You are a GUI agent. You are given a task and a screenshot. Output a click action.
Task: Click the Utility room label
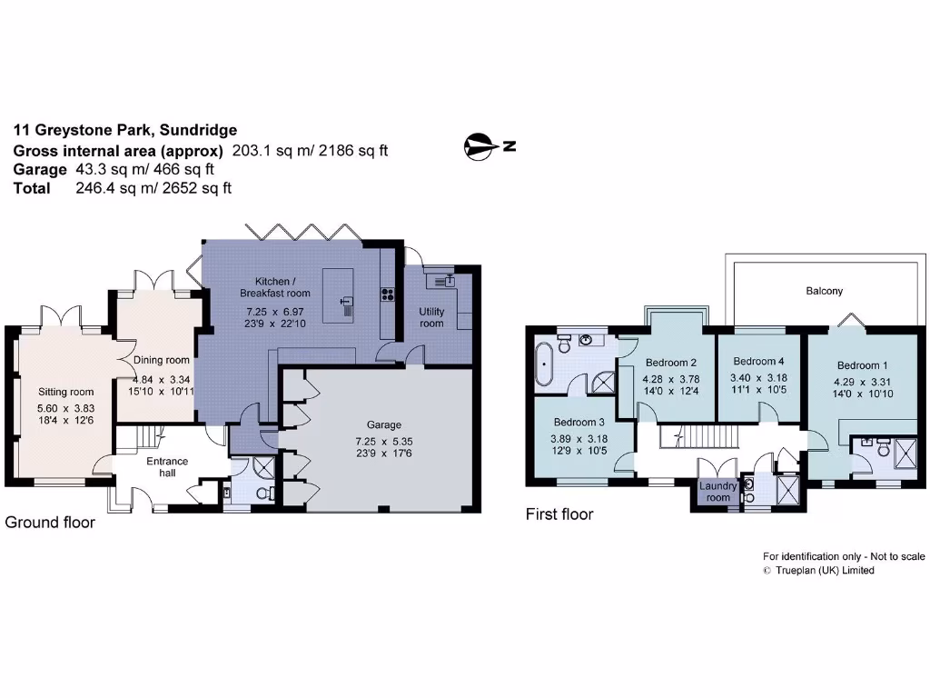[x=431, y=317]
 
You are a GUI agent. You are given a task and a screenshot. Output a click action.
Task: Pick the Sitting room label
[x=58, y=392]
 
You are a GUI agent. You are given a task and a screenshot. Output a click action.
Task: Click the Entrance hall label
[x=167, y=467]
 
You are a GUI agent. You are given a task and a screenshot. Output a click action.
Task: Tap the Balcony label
[x=824, y=292]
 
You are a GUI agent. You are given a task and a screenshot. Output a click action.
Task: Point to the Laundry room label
[x=717, y=492]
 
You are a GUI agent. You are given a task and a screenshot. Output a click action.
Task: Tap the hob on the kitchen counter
[x=386, y=294]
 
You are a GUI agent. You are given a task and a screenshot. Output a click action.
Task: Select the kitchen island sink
[x=346, y=302]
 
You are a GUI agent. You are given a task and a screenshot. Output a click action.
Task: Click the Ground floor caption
[x=50, y=523]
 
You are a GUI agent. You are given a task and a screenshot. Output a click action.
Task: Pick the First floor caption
[x=559, y=514]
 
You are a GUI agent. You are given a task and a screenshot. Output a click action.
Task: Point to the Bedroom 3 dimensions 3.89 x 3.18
[x=579, y=438]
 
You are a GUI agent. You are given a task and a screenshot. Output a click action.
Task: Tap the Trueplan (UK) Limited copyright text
[x=824, y=571]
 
